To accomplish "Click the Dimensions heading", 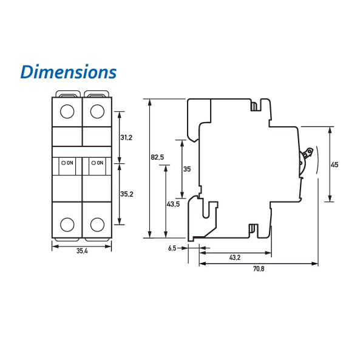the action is [x=69, y=72].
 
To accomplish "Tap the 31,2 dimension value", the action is [x=126, y=138].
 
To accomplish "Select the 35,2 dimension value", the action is [x=127, y=194].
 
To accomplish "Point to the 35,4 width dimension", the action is [x=82, y=251].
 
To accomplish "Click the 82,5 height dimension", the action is [x=157, y=157].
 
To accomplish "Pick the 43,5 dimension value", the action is [x=174, y=204].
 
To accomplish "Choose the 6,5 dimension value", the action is [x=172, y=248].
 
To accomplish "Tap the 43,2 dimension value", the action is [x=235, y=257].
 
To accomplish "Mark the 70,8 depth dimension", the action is [x=259, y=268].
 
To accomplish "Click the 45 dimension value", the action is [x=335, y=165].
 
